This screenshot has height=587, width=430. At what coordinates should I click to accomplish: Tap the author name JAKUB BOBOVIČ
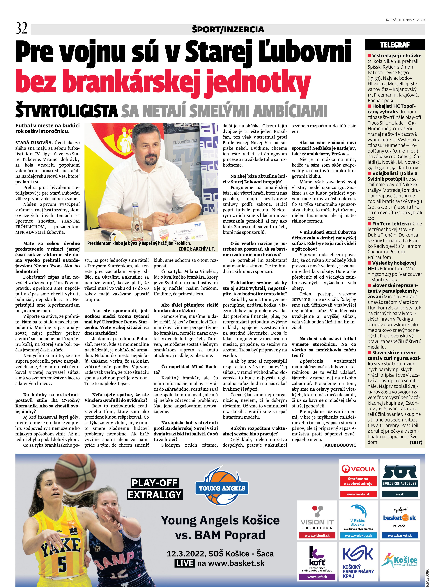(339, 445)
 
